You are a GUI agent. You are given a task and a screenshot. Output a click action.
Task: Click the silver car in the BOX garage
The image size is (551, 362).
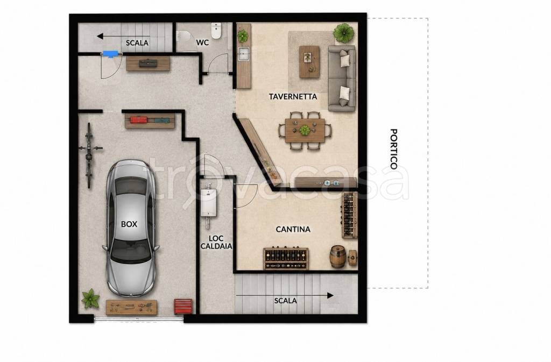click(x=131, y=228)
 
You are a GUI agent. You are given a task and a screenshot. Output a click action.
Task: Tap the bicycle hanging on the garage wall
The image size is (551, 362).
click(x=90, y=155)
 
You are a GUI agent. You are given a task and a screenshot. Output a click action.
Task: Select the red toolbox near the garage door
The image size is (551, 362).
click(x=183, y=306)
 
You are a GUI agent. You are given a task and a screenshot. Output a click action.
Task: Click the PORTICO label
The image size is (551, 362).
click(x=394, y=149)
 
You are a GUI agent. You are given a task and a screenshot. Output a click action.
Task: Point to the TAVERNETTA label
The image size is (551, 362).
click(x=293, y=97)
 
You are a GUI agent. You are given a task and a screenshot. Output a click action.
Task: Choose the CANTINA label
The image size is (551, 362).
click(x=293, y=229)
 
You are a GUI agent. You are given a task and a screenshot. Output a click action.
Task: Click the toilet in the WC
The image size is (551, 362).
click(x=216, y=31)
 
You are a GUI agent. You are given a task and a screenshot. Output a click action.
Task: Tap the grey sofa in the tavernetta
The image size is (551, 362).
click(x=342, y=78)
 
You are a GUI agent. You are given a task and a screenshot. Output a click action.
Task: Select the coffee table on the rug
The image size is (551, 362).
click(x=309, y=62)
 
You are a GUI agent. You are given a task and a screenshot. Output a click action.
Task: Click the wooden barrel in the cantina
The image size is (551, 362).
click(x=338, y=257)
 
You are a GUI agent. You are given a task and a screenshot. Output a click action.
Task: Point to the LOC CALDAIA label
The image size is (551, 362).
click(x=216, y=242)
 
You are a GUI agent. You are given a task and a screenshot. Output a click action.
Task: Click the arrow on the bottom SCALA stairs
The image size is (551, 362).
click(x=285, y=296)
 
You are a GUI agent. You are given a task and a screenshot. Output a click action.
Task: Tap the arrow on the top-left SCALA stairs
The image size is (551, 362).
click(x=123, y=36)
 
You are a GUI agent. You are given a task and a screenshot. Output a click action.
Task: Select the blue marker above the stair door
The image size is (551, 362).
click(x=111, y=54)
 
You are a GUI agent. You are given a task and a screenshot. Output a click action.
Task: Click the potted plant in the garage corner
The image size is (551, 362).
click(x=90, y=299)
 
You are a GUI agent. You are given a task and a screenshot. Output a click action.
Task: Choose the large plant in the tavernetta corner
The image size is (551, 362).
click(x=343, y=33)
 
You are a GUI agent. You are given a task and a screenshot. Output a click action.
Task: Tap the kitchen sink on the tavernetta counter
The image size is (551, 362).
click(x=244, y=54)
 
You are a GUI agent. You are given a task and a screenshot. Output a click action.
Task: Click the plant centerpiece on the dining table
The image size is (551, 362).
click(x=305, y=130)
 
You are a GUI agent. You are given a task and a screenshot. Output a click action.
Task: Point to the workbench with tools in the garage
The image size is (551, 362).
click(x=131, y=308)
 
